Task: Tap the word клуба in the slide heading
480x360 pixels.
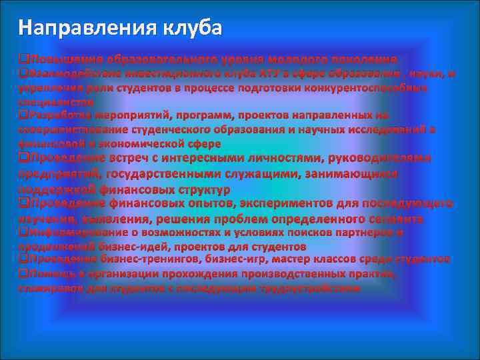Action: (193, 27)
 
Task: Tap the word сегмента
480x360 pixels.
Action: (393, 218)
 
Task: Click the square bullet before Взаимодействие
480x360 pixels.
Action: (23, 73)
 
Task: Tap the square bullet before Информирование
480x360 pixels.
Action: (23, 232)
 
